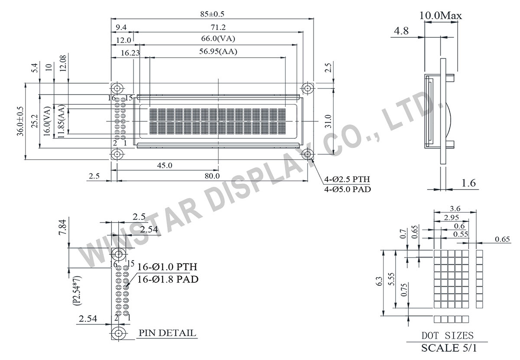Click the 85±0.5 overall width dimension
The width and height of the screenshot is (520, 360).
212,13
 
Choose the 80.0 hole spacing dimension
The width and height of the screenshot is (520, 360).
212,176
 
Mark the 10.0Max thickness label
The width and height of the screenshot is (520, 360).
441,16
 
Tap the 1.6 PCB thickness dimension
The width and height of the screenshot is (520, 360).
468,183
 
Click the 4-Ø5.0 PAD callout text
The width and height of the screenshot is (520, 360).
348,189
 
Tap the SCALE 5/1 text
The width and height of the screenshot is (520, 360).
448,348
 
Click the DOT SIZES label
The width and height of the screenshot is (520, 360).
448,335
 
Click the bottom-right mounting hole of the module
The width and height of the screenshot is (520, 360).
308,154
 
